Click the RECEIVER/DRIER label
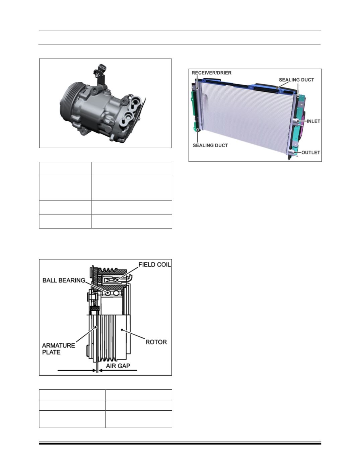211,73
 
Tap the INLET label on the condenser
313,121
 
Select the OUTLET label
310,152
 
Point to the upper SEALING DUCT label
296,80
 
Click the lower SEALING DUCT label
210,145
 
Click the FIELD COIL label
155,264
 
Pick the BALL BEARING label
64,281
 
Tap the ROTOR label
156,342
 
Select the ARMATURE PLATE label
59,349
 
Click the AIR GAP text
118,366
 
